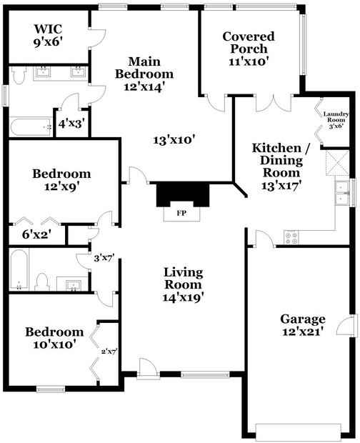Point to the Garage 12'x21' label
pos(302,325)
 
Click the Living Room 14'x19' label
pos(184,285)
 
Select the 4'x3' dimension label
pos(71,124)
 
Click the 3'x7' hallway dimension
pos(104,259)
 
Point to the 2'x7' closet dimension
pos(108,350)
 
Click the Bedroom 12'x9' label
pos(62,180)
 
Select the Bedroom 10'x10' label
pos(51,338)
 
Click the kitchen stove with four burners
pos(291,235)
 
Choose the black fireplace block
pos(181,194)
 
